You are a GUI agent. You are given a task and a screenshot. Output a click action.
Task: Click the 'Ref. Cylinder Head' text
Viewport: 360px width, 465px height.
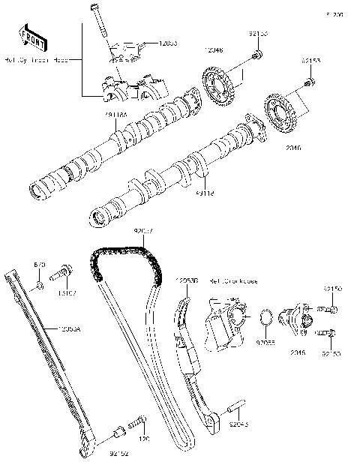pos(37,58)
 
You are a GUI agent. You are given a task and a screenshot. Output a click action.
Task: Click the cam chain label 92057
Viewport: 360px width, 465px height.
pos(144,230)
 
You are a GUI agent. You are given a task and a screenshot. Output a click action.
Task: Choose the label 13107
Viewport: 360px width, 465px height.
pos(67,293)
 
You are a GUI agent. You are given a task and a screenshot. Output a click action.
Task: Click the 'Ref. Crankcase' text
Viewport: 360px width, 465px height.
pos(234,281)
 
